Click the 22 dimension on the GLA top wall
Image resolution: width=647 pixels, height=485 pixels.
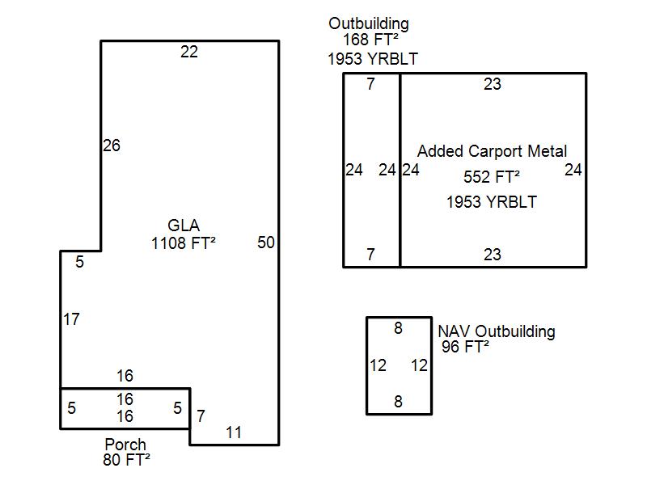(188, 53)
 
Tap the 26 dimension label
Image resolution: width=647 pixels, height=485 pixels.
(112, 146)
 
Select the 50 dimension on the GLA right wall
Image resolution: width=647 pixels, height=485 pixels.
(266, 242)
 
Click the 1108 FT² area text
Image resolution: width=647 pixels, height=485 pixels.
(184, 242)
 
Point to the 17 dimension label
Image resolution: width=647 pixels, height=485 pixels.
(71, 320)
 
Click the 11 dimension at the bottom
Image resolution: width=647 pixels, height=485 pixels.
(234, 432)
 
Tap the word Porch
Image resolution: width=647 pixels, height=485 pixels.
(125, 445)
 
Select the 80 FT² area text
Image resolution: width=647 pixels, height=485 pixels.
(125, 460)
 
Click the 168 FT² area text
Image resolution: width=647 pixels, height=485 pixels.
(369, 40)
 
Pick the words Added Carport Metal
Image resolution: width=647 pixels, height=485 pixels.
(492, 152)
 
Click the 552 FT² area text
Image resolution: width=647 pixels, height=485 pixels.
(492, 177)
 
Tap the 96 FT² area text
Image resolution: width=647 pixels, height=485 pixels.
(466, 347)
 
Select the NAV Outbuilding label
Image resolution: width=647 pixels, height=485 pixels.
(497, 331)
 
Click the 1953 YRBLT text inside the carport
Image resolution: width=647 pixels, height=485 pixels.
(492, 202)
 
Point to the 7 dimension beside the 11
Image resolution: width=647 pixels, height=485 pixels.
(201, 417)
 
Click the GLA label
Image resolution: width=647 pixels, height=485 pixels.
(184, 226)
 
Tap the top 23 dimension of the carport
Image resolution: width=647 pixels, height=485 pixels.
(493, 84)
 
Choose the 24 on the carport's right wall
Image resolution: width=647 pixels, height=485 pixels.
(573, 171)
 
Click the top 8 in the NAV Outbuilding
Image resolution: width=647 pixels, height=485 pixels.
(398, 328)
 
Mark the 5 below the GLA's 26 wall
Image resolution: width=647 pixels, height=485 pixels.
(80, 262)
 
